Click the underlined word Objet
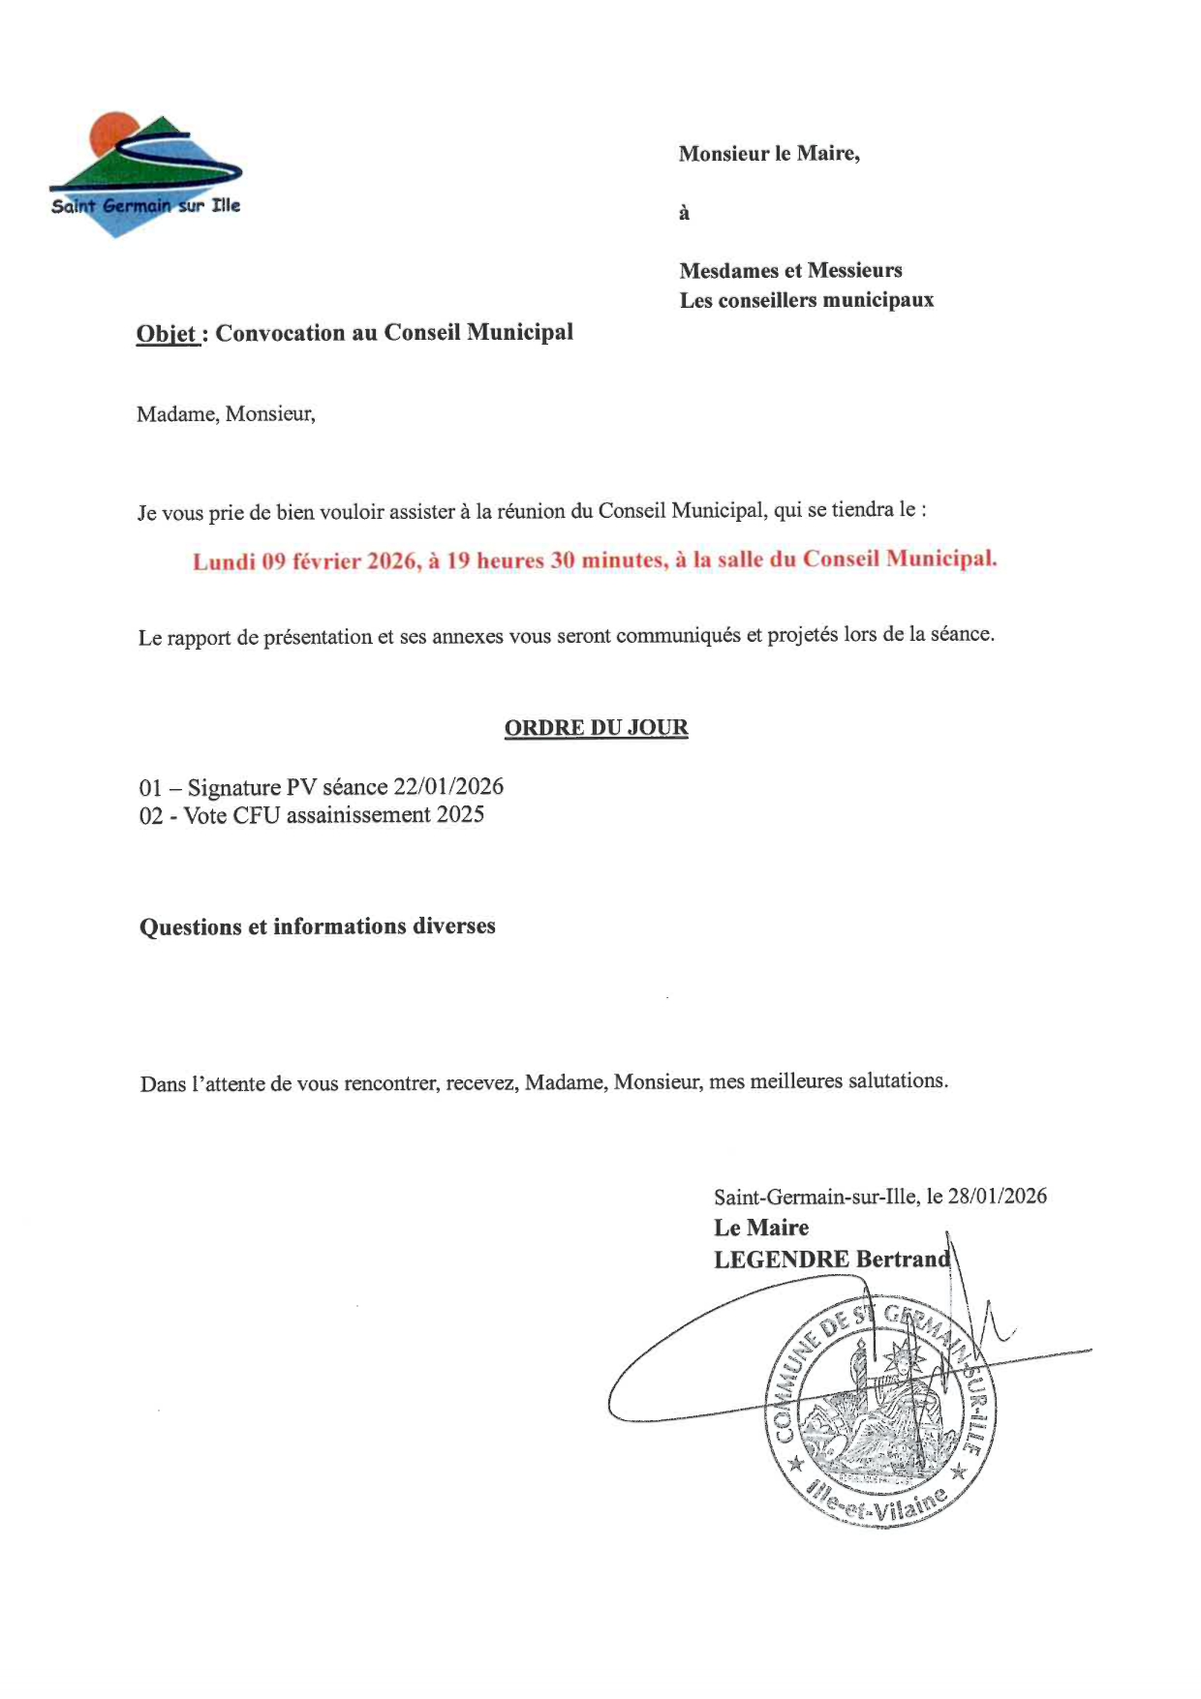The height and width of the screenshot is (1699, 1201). [167, 334]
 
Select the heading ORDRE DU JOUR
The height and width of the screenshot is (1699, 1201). [596, 728]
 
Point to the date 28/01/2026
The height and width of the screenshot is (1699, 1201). [998, 1196]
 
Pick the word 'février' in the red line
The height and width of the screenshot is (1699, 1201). [325, 561]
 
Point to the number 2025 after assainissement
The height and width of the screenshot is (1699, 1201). [460, 815]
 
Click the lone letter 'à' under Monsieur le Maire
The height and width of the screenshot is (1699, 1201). [684, 213]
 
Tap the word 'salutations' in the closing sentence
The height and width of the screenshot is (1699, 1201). [896, 1080]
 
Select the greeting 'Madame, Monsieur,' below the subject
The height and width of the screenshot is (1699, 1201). [226, 414]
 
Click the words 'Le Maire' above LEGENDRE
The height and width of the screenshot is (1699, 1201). [761, 1228]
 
